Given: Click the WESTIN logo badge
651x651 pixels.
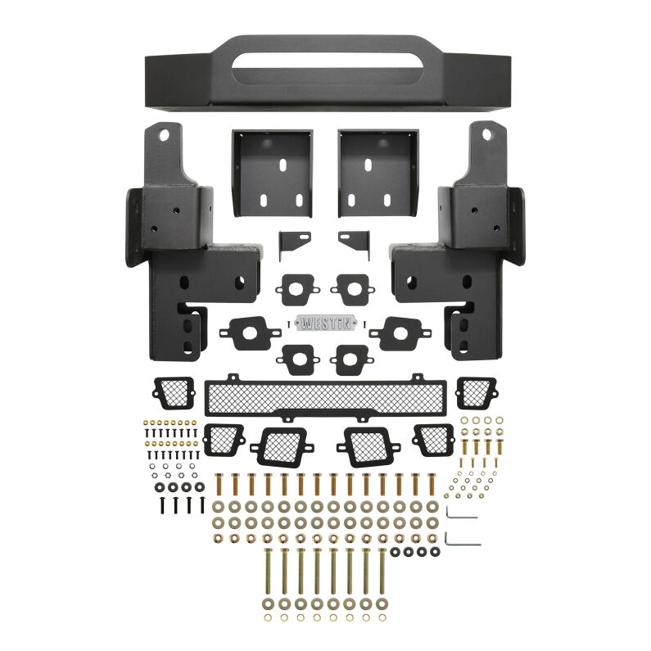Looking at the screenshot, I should (325, 323).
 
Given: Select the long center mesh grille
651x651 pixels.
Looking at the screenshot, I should (325, 397).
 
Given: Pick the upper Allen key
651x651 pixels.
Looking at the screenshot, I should (462, 513).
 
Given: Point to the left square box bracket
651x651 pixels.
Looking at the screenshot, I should (271, 173).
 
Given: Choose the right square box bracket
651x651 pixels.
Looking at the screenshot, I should (378, 173).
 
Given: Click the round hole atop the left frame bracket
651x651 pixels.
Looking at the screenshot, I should (165, 133).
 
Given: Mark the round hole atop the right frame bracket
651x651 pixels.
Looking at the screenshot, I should (486, 133).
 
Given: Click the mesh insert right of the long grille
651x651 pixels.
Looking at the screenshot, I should (475, 391).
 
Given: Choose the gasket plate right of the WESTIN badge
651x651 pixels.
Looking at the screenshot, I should (400, 332).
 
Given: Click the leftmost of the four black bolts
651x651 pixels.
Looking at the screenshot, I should (162, 504).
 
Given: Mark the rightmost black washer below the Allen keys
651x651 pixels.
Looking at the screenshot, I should (435, 552).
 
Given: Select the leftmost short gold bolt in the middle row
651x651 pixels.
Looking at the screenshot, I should (219, 485).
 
